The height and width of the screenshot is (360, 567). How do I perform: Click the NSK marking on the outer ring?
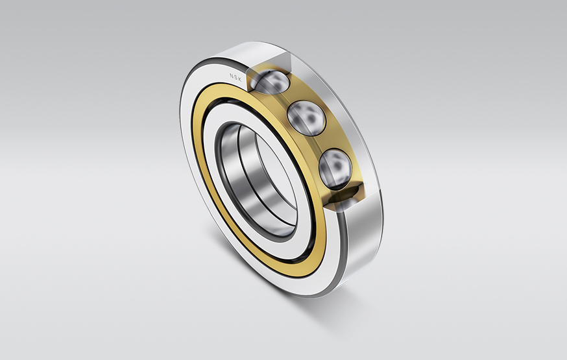pos(236,77)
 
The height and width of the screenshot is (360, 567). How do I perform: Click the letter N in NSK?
pos(231,75)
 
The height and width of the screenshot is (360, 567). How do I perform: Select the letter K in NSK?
pos(241,79)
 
